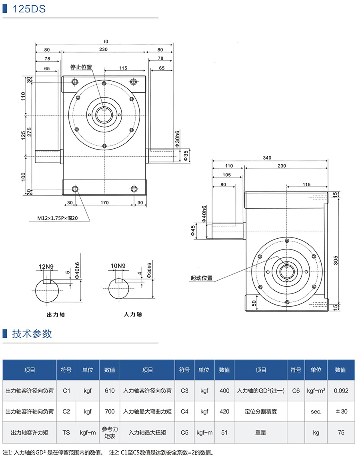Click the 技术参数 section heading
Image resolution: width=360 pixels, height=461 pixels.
[32, 334]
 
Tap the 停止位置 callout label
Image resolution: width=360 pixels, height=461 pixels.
[81, 67]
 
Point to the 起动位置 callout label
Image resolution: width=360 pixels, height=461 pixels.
[202, 278]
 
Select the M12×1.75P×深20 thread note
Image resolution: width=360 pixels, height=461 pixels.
[58, 219]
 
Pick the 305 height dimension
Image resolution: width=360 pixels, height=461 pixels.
[336, 260]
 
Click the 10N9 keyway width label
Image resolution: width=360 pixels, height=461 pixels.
[118, 266]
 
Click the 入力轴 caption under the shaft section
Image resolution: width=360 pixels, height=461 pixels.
[133, 314]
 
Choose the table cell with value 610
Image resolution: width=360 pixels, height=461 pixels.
[109, 390]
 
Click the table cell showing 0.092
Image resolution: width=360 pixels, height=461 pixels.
[340, 390]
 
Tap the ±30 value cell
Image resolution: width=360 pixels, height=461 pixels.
[340, 411]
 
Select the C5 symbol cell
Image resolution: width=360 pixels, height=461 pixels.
[184, 432]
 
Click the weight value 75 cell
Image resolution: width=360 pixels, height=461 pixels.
[340, 432]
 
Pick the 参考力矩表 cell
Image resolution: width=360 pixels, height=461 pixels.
[109, 432]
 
